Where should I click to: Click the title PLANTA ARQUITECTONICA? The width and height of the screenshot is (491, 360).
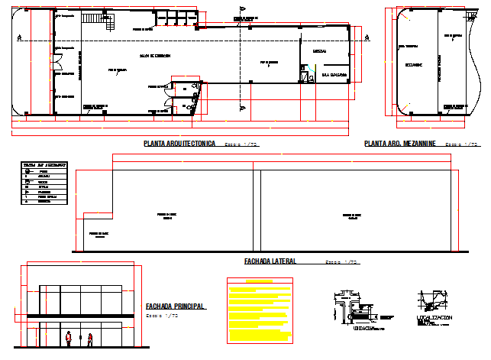tap(179, 144)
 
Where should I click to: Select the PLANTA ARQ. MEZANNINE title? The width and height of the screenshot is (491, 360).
tap(398, 144)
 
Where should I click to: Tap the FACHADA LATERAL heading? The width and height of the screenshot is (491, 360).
tap(270, 261)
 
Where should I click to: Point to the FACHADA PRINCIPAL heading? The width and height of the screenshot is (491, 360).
tap(175, 306)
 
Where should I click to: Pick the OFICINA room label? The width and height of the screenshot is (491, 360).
tap(319, 51)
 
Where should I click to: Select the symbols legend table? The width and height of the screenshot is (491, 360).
tap(43, 183)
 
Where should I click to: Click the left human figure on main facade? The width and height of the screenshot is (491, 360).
tap(69, 339)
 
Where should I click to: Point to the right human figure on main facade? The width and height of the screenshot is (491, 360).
tap(89, 339)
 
